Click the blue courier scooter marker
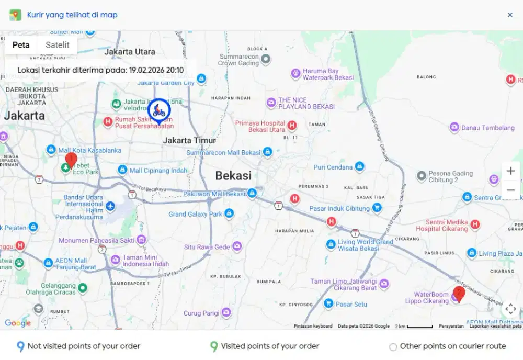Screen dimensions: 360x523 (x=158, y=111)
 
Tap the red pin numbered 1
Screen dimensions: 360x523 (x=71, y=159)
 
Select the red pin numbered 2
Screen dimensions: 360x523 (x=459, y=294)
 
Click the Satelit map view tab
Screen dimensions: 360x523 (x=58, y=45)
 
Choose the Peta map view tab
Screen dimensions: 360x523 (x=21, y=45)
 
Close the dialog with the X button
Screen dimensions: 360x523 (x=510, y=15)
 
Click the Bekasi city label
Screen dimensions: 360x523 (x=233, y=176)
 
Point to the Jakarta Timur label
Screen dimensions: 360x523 (x=189, y=140)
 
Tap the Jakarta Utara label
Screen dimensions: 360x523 (x=130, y=52)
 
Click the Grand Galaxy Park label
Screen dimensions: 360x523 (x=195, y=214)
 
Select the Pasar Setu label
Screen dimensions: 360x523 (x=351, y=303)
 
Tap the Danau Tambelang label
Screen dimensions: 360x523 (x=488, y=127)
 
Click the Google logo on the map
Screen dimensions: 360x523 (x=18, y=323)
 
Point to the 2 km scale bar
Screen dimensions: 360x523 (x=420, y=327)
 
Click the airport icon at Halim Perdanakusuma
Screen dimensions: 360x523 (x=110, y=206)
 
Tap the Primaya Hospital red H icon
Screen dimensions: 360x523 (x=292, y=126)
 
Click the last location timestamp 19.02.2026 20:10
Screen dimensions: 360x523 (x=156, y=70)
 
